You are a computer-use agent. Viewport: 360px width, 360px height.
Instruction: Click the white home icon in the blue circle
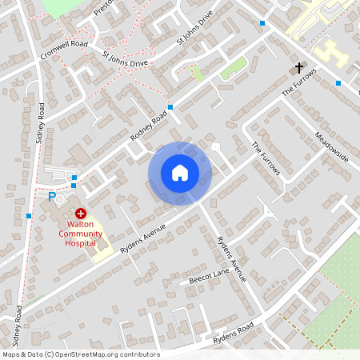tap(180, 173)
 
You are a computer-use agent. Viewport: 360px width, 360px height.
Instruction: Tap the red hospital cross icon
tap(81, 215)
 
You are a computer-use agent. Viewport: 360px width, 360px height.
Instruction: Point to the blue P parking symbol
tap(53, 197)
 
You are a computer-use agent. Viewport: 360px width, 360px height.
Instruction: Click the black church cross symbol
tap(300, 68)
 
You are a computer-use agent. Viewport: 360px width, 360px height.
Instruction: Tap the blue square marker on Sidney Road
tap(29, 215)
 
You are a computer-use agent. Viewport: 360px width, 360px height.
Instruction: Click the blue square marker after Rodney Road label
tap(170, 106)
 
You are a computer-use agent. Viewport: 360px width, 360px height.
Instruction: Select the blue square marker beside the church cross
tap(338, 83)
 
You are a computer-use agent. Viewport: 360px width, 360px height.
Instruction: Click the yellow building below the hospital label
tap(102, 255)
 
